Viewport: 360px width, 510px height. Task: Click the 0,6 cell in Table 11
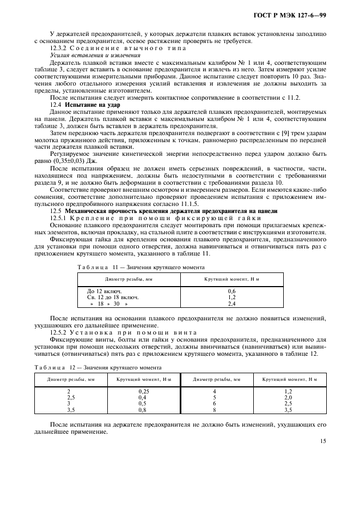[x=231, y=292]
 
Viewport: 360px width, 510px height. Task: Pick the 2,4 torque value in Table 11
[x=231, y=304]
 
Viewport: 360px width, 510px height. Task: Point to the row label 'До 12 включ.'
[x=103, y=292]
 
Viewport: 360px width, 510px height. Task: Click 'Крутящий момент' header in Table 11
[x=231, y=278]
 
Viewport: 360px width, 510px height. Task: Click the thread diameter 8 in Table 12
[x=214, y=410]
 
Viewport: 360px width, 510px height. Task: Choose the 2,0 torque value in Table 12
[x=289, y=398]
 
